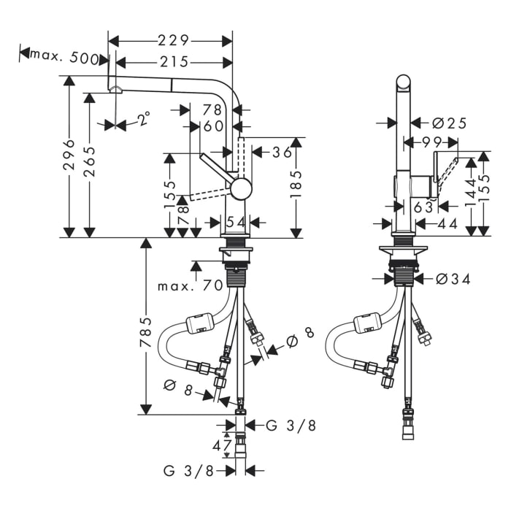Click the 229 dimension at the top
tap(174, 39)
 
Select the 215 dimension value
tap(174, 62)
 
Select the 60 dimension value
tap(213, 126)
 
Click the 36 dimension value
tap(282, 153)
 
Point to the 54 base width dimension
tap(235, 222)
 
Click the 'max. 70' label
tap(190, 285)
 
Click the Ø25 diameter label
tap(449, 123)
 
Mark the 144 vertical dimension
tap(471, 191)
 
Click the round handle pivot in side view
tap(240, 189)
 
